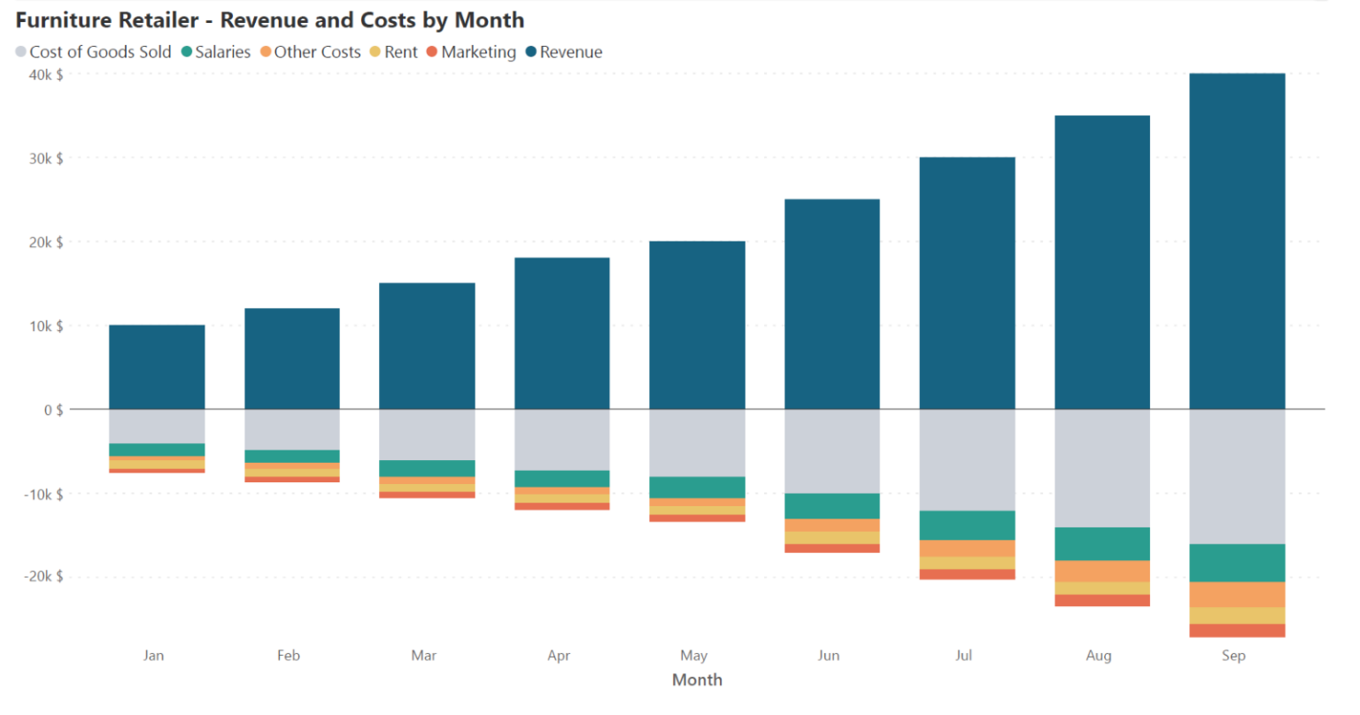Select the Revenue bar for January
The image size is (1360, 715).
click(157, 366)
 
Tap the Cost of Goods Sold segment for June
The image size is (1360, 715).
click(832, 451)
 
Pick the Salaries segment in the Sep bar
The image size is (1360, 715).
click(1237, 563)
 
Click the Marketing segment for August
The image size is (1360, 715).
click(1102, 600)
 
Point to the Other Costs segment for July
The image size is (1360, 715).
click(967, 549)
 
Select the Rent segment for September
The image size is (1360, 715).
click(1237, 616)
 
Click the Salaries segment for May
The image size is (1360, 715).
click(697, 488)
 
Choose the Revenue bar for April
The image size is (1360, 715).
click(562, 333)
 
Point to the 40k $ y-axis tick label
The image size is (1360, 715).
click(46, 75)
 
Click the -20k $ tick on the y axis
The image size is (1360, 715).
click(43, 576)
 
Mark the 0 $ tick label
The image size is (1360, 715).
click(53, 410)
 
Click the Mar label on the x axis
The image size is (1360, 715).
click(423, 656)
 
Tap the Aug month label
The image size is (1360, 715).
click(1098, 656)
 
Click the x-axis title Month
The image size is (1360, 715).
click(697, 680)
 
